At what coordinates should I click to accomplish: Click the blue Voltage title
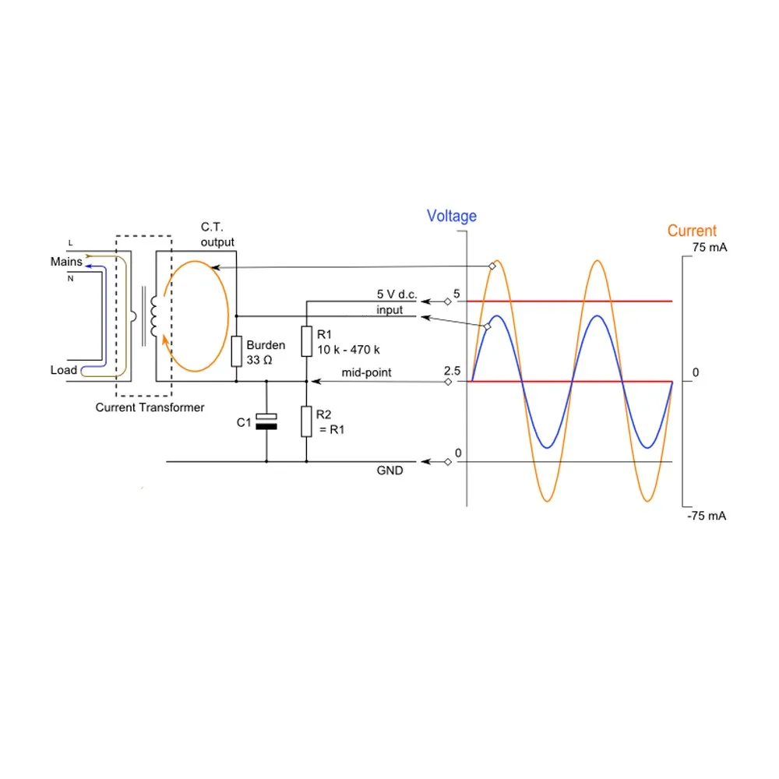point(452,216)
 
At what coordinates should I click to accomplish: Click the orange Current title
point(692,231)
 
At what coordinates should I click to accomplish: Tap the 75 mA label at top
point(708,248)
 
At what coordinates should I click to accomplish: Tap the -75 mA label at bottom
point(707,516)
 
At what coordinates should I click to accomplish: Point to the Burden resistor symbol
point(236,352)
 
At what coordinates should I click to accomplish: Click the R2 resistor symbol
point(306,421)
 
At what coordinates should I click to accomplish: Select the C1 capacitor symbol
point(266,422)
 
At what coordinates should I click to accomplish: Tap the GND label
point(390,471)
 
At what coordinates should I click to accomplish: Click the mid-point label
point(366,373)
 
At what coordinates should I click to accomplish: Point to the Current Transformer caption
point(150,407)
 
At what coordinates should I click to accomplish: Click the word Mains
point(66,262)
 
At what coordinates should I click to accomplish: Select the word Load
point(64,370)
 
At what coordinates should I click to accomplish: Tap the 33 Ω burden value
point(259,361)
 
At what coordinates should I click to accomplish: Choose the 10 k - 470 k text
point(348,350)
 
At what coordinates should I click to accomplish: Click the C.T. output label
point(217,234)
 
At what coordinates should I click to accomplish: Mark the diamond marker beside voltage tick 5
point(448,301)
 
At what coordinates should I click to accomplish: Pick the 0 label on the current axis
point(696,373)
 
